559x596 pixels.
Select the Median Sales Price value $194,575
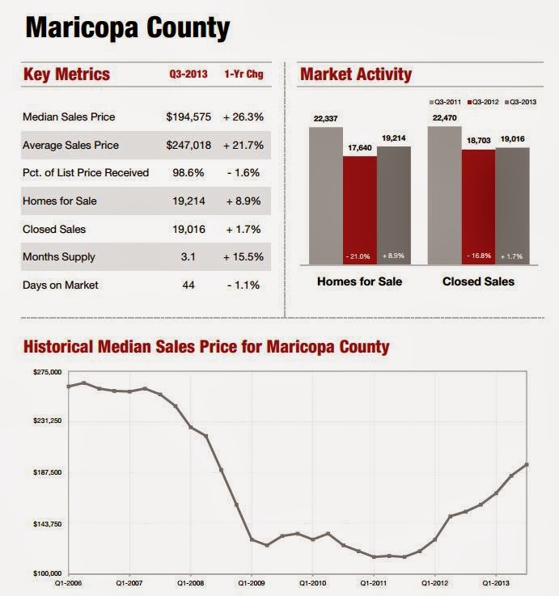(188, 117)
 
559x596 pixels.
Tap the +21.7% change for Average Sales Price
(243, 146)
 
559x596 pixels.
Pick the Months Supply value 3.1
(188, 257)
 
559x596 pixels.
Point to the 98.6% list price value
(188, 173)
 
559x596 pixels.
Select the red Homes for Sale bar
(360, 210)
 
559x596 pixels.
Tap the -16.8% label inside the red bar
(478, 256)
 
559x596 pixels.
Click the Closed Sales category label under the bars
(479, 282)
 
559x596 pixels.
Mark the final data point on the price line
(527, 464)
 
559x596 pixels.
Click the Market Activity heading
(356, 75)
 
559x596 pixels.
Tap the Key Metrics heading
(67, 75)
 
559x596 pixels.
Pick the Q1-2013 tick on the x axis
(496, 581)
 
